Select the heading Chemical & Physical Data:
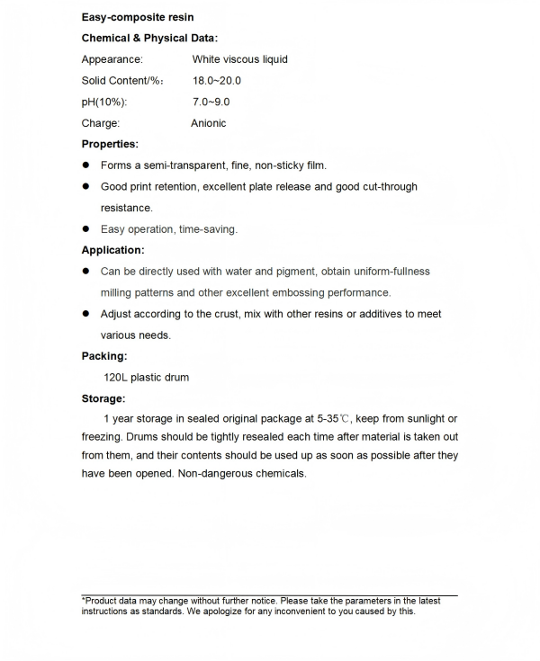149,38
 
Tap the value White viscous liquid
239,59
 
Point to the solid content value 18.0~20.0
217,81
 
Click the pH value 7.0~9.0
211,102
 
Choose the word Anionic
209,123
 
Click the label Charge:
101,123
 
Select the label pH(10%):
104,102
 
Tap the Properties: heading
110,144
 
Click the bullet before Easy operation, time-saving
87,228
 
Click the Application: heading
112,250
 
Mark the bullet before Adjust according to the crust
87,314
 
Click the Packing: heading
104,356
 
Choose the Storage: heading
103,398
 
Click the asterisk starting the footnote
84,599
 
